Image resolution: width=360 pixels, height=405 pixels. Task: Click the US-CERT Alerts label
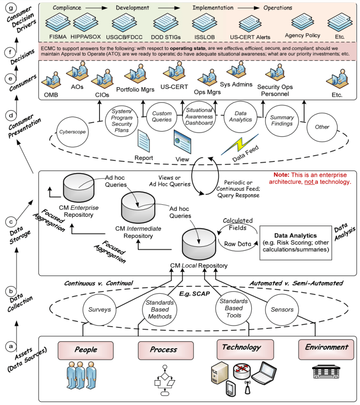pos(250,37)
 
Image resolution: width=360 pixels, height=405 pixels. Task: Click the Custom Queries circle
pos(162,117)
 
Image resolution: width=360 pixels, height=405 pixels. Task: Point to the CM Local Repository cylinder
pos(200,243)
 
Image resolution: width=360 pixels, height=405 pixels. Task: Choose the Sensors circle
pos(282,310)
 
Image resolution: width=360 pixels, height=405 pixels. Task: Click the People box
pos(86,350)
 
